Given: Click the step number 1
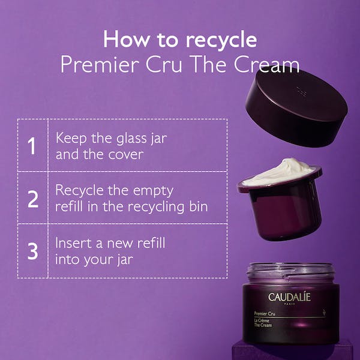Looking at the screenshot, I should tap(32, 145).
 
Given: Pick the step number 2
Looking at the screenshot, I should tap(32, 197).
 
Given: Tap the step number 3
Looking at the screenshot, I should tap(32, 251).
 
